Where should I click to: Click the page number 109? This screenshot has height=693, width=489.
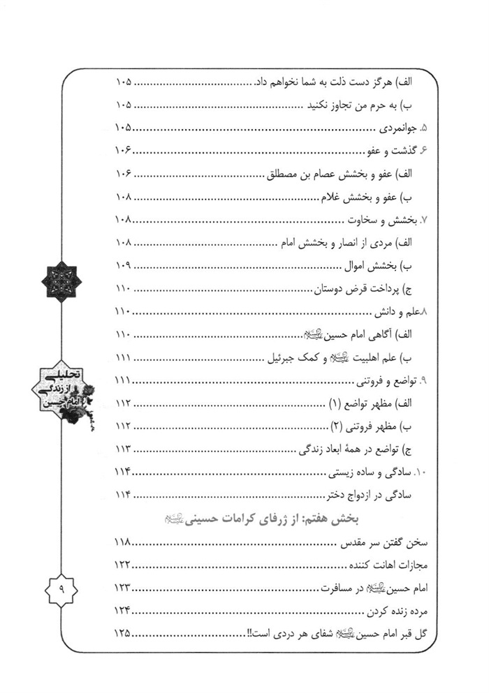123,265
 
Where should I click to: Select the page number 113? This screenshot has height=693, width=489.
123,448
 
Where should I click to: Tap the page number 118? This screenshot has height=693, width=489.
123,544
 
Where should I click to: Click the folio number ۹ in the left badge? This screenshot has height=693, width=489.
61,590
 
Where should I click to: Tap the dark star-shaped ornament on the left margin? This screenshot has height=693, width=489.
61,282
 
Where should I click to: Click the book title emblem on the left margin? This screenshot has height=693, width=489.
62,392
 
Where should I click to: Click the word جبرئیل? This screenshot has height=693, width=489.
283,358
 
